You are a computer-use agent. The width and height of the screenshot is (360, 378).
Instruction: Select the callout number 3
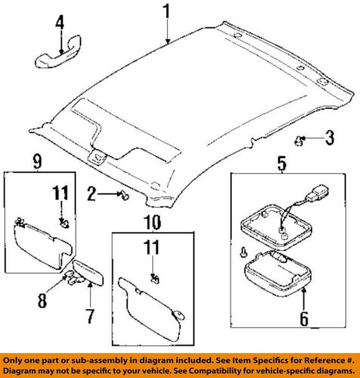tap(328, 137)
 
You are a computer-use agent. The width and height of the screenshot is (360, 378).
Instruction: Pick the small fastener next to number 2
tap(123, 195)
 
